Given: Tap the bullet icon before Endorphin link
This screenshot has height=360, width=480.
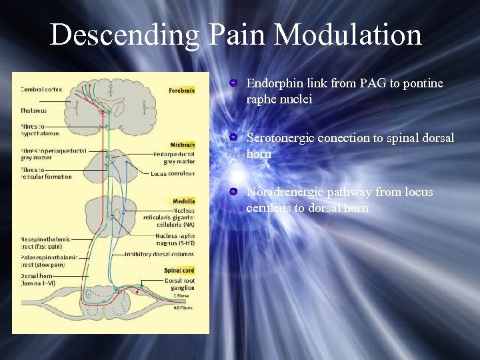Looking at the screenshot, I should click(233, 83).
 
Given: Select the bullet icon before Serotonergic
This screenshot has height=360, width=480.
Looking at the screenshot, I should click(233, 137).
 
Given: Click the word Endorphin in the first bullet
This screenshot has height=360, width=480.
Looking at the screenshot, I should click(272, 83).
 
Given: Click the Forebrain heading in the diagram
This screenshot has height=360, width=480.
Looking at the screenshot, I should click(181, 90).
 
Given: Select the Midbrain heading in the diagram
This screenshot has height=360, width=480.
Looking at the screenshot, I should click(182, 144).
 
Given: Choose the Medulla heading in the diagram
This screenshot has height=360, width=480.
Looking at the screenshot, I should click(183, 201).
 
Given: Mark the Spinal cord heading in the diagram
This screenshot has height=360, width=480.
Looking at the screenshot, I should click(179, 270).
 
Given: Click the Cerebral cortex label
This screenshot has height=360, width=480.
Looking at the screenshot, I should click(41, 89).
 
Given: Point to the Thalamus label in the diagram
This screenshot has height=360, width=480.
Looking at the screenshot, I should click(33, 111).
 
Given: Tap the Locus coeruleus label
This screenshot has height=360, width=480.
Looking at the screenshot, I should click(173, 174).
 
